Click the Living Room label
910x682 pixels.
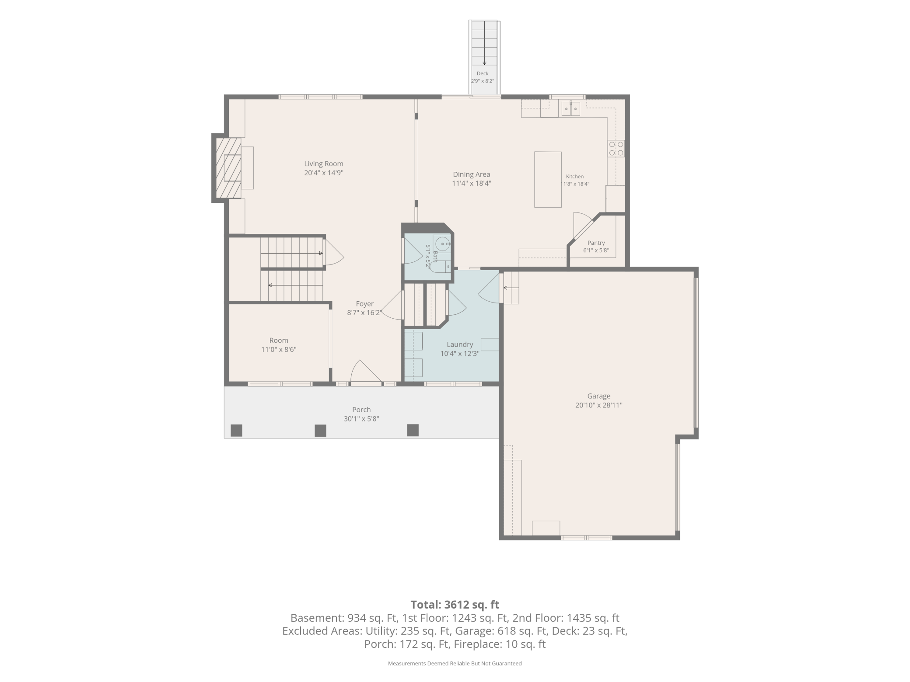click(324, 164)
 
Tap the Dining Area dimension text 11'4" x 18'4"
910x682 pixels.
click(472, 184)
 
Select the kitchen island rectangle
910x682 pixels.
click(548, 179)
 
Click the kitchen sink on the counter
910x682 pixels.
click(570, 108)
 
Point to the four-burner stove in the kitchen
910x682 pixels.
click(616, 149)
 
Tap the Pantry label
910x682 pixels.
click(596, 243)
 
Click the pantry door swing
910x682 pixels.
click(583, 225)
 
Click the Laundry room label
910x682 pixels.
click(460, 344)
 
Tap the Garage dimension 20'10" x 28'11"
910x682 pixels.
click(598, 405)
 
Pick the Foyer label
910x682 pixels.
click(365, 304)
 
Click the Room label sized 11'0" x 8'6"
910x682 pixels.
click(279, 341)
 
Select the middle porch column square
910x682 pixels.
click(321, 431)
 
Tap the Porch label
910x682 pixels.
click(361, 410)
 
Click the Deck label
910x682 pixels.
click(483, 73)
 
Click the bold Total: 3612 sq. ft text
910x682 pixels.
click(455, 605)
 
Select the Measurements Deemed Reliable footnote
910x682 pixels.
click(455, 664)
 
